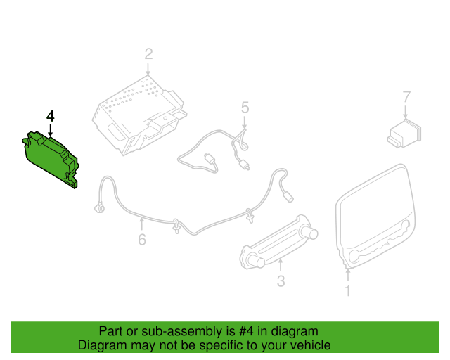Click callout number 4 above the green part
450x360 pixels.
pos(50,115)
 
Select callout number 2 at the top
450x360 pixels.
pos(148,53)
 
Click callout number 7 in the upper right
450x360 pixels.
pos(406,96)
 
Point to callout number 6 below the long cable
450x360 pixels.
pos(142,240)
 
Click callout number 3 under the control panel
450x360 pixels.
pos(280,282)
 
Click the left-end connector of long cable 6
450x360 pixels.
pos(98,208)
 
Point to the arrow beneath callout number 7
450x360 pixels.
pos(406,112)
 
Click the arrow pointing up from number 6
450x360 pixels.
pos(142,224)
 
